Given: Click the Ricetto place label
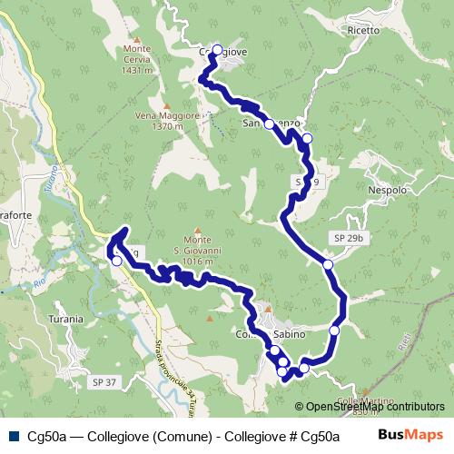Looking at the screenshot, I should (363, 30).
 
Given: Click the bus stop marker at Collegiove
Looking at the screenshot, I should (216, 50).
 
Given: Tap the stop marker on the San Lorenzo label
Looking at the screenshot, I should (269, 124).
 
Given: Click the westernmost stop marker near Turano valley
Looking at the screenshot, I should (116, 261).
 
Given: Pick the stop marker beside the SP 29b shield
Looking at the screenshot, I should (328, 264).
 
